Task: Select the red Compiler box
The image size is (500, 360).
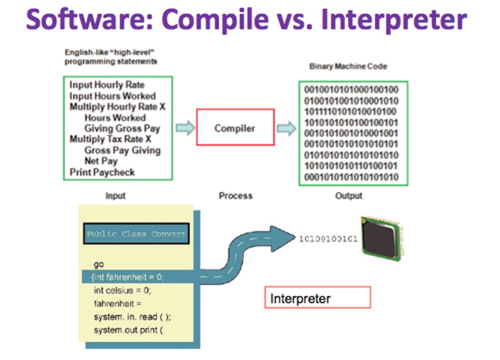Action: pyautogui.click(x=235, y=128)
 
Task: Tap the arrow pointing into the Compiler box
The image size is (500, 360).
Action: pyautogui.click(x=185, y=128)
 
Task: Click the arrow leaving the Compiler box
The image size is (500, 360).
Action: pyautogui.click(x=286, y=128)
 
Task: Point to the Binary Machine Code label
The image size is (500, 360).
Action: pyautogui.click(x=348, y=66)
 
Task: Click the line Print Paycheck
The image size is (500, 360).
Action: pyautogui.click(x=102, y=172)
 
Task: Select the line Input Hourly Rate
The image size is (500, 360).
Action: pyautogui.click(x=107, y=85)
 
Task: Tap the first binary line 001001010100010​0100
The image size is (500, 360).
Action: pyautogui.click(x=351, y=90)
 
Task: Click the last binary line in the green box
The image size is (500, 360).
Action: pyautogui.click(x=351, y=177)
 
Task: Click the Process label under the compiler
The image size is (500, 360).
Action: pyautogui.click(x=235, y=196)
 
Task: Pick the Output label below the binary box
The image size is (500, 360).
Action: pyautogui.click(x=349, y=196)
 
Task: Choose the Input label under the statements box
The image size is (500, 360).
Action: pyautogui.click(x=115, y=196)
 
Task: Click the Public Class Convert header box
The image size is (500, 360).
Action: pyautogui.click(x=136, y=234)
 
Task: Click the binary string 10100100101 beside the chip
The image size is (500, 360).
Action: pyautogui.click(x=328, y=239)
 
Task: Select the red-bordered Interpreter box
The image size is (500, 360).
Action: pyautogui.click(x=317, y=297)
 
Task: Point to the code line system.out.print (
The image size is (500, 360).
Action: pyautogui.click(x=128, y=330)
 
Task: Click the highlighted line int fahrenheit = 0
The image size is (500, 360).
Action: pyautogui.click(x=127, y=277)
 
